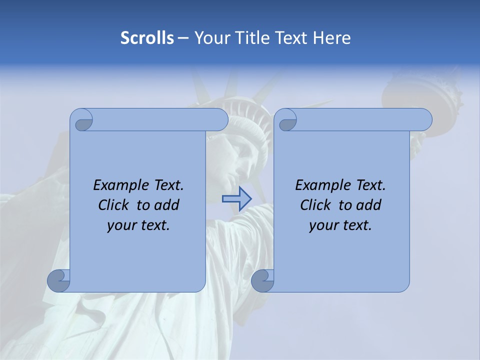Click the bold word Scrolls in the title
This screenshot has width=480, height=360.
[147, 38]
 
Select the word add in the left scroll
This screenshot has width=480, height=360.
[167, 205]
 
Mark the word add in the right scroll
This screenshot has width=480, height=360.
[369, 205]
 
